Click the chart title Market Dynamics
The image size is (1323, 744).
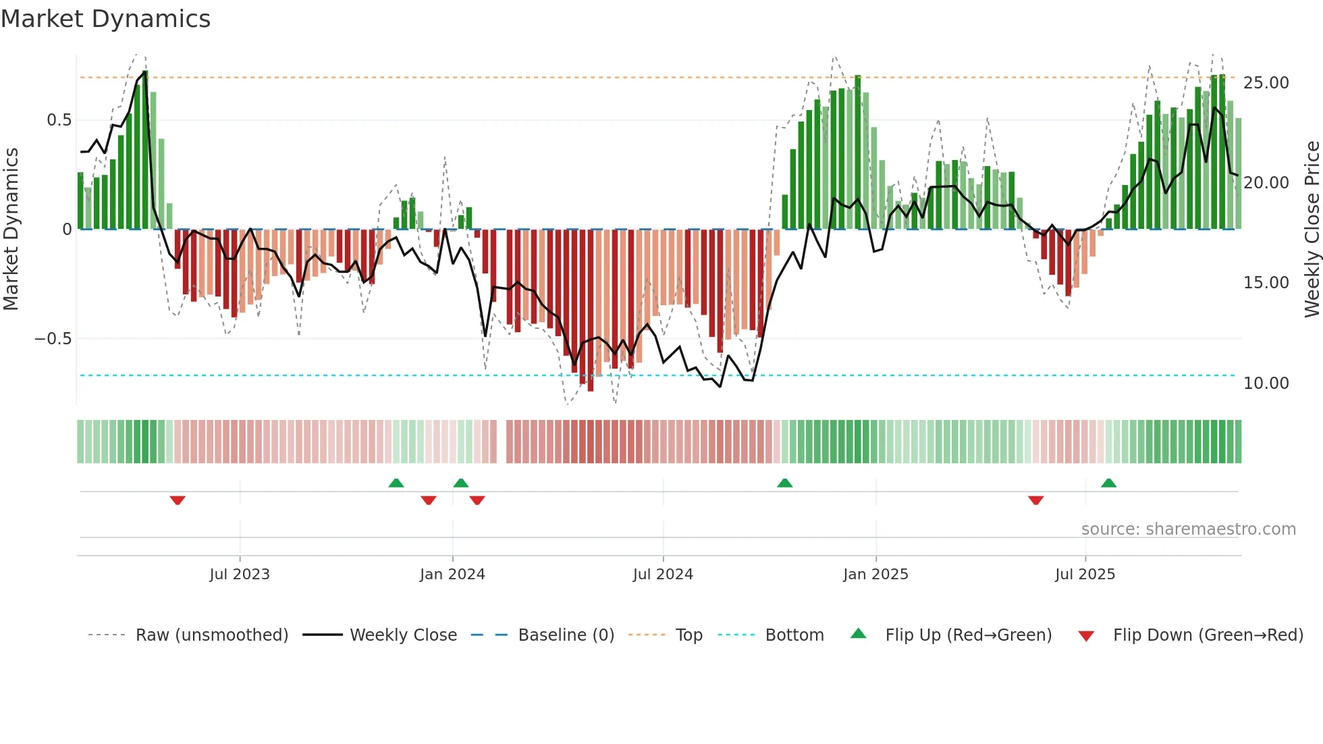click(106, 19)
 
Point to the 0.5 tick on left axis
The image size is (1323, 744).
click(59, 120)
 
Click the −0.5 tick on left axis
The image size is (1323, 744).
click(53, 339)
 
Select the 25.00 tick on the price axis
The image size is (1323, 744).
click(1266, 83)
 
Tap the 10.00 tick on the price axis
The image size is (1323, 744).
click(1266, 383)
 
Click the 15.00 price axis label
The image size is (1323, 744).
click(1266, 283)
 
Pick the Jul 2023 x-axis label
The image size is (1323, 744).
click(240, 575)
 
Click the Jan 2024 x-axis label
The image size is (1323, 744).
click(452, 575)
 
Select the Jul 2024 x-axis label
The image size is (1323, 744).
click(663, 575)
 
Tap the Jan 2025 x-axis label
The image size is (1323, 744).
click(875, 575)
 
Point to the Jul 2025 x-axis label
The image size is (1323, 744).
click(1085, 575)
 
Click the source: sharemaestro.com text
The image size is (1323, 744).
click(1188, 529)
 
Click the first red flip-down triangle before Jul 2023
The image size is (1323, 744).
click(178, 500)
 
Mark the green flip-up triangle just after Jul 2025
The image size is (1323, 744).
click(1108, 483)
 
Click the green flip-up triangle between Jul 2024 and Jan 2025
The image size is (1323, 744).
click(784, 483)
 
